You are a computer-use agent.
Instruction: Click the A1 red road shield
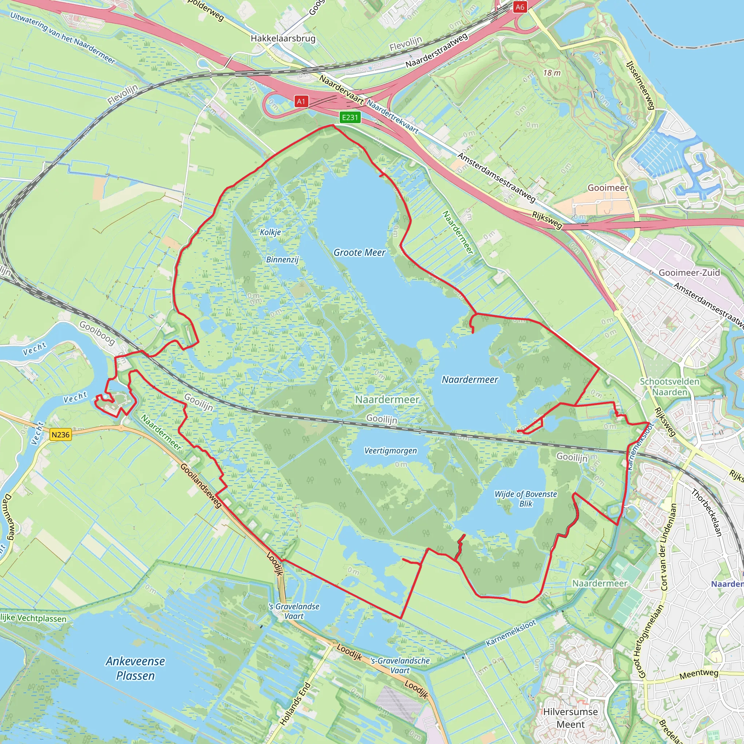[301, 101]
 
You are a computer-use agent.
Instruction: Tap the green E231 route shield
[350, 117]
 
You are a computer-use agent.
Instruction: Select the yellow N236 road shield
[60, 435]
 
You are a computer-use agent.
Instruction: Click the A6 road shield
[520, 7]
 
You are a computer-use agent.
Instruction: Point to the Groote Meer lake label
[359, 252]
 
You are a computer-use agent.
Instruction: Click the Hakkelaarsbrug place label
[283, 39]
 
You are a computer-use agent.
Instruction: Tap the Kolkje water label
[270, 232]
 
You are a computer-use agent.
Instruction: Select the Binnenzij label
[282, 259]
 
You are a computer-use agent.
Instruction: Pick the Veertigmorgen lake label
[391, 450]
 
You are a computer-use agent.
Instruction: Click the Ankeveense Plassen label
[135, 668]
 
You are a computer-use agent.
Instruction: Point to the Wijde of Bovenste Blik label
[526, 499]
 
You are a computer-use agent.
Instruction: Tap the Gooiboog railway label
[97, 333]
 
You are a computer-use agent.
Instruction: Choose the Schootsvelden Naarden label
[670, 387]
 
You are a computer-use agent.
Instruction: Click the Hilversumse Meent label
[570, 718]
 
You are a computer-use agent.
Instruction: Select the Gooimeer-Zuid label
[689, 273]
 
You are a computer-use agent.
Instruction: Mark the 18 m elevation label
[552, 73]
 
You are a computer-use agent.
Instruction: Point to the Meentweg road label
[699, 674]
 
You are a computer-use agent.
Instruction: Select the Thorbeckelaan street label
[706, 512]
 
